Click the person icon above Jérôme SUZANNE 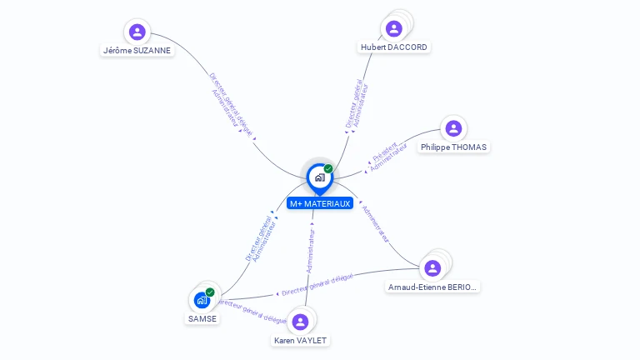137,32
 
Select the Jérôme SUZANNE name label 137,50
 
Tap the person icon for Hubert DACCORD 394,29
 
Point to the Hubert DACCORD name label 394,47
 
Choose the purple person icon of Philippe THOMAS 453,128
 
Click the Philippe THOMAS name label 453,147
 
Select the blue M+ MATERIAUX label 320,203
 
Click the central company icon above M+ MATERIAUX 319,177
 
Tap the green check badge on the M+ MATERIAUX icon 328,169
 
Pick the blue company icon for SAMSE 202,300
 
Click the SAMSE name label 202,318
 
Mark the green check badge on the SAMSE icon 210,292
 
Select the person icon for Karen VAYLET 301,322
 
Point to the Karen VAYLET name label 301,340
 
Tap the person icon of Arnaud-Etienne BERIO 432,268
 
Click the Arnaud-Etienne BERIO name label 433,287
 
